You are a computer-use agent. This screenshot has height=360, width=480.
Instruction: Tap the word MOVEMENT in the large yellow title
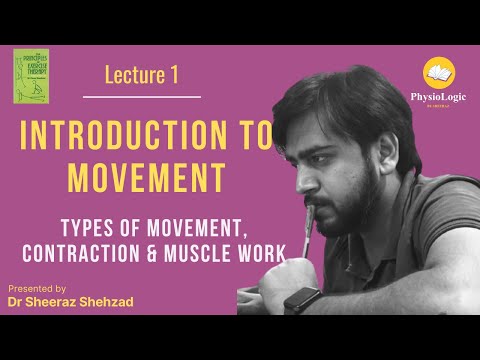pos(159,178)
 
